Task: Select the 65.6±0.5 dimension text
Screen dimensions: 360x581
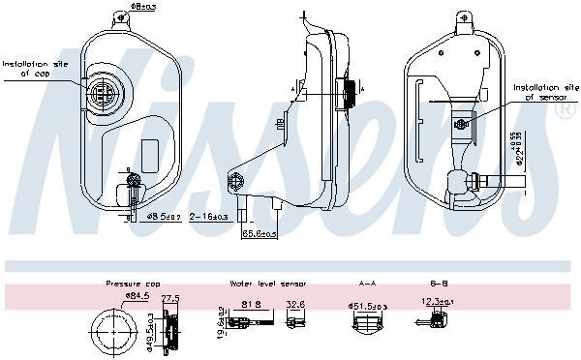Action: point(259,233)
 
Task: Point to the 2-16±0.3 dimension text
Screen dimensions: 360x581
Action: point(208,216)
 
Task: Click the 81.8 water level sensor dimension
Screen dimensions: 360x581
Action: point(253,304)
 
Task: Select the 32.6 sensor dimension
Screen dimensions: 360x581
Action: point(295,304)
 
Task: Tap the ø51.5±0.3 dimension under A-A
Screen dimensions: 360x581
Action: point(367,306)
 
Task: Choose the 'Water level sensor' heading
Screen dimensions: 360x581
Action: point(267,285)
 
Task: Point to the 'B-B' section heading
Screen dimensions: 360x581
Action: point(438,285)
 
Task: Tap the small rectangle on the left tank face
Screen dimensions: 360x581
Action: point(150,153)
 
